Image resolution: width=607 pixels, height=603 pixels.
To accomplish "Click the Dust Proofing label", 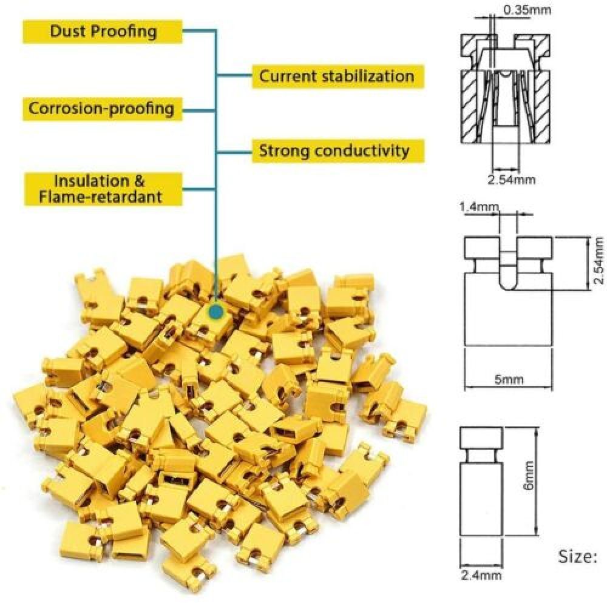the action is [103, 31].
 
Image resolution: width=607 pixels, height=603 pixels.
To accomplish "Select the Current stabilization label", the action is [337, 76].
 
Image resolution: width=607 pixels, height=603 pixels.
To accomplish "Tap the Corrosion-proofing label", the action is [101, 109].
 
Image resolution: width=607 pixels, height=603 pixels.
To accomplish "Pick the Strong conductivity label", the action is [334, 150].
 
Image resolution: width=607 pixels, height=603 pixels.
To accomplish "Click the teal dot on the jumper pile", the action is [215, 312].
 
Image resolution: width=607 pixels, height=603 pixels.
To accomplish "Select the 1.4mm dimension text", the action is [478, 207].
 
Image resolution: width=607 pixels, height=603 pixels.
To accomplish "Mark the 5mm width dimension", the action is [509, 380].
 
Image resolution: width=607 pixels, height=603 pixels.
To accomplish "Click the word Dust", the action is [67, 31].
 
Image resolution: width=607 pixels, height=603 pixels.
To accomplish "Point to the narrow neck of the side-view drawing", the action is [481, 455].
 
